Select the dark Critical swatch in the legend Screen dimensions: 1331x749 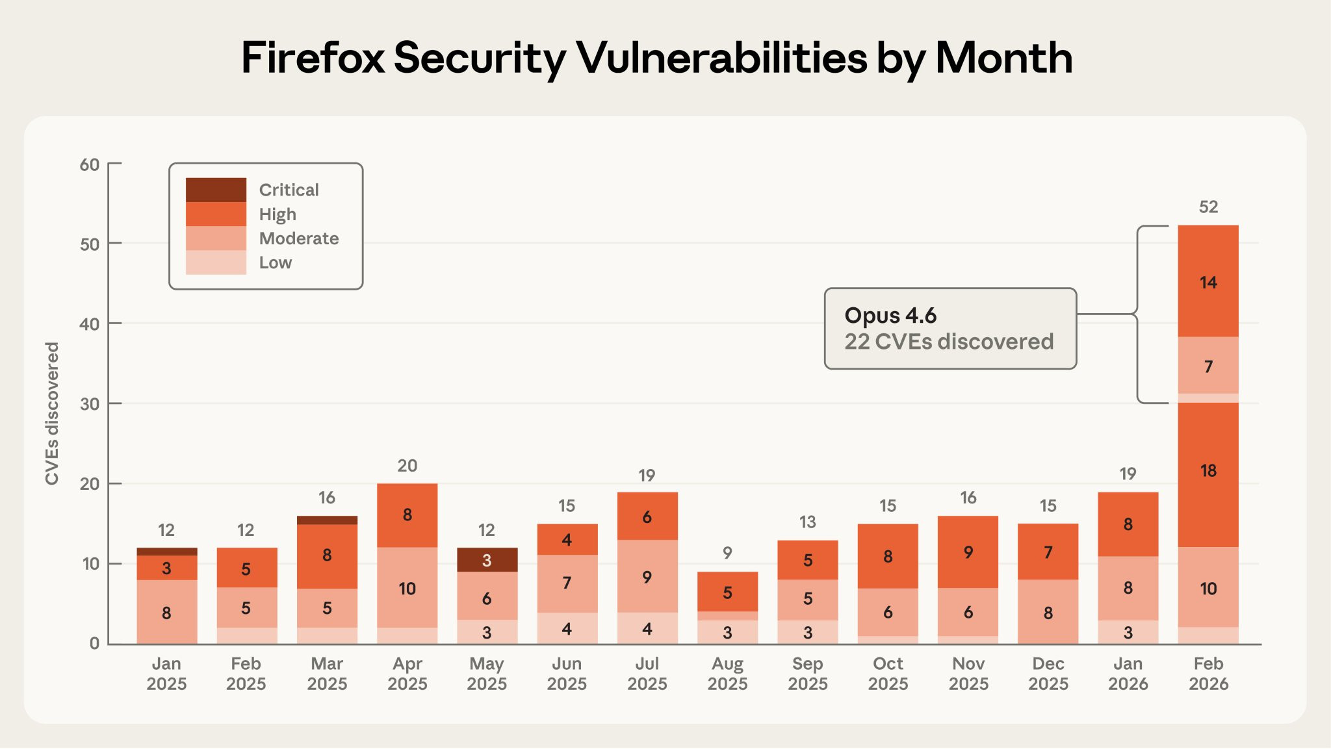tap(216, 190)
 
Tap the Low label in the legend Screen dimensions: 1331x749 tap(276, 262)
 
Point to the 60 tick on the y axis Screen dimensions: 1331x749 tap(90, 164)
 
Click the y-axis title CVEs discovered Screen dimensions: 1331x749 tap(52, 413)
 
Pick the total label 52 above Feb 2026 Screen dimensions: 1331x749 tap(1208, 207)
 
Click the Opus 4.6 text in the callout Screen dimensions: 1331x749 tap(890, 315)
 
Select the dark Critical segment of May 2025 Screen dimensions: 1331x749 tap(487, 560)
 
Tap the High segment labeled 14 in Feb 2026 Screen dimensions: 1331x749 tap(1208, 281)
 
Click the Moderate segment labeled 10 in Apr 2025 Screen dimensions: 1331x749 tap(407, 587)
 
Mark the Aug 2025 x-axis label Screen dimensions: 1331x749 tap(727, 674)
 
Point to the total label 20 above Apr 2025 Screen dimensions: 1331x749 tap(407, 466)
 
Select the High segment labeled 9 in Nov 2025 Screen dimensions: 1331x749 tap(968, 552)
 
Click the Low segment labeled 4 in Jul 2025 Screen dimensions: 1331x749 tap(647, 628)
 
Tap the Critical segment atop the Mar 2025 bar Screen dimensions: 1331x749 tap(327, 520)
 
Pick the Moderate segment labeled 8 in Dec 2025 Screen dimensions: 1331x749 tap(1048, 612)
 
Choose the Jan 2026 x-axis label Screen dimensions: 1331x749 tap(1128, 674)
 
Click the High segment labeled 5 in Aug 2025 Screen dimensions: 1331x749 tap(727, 592)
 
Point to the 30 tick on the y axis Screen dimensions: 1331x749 tap(90, 404)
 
